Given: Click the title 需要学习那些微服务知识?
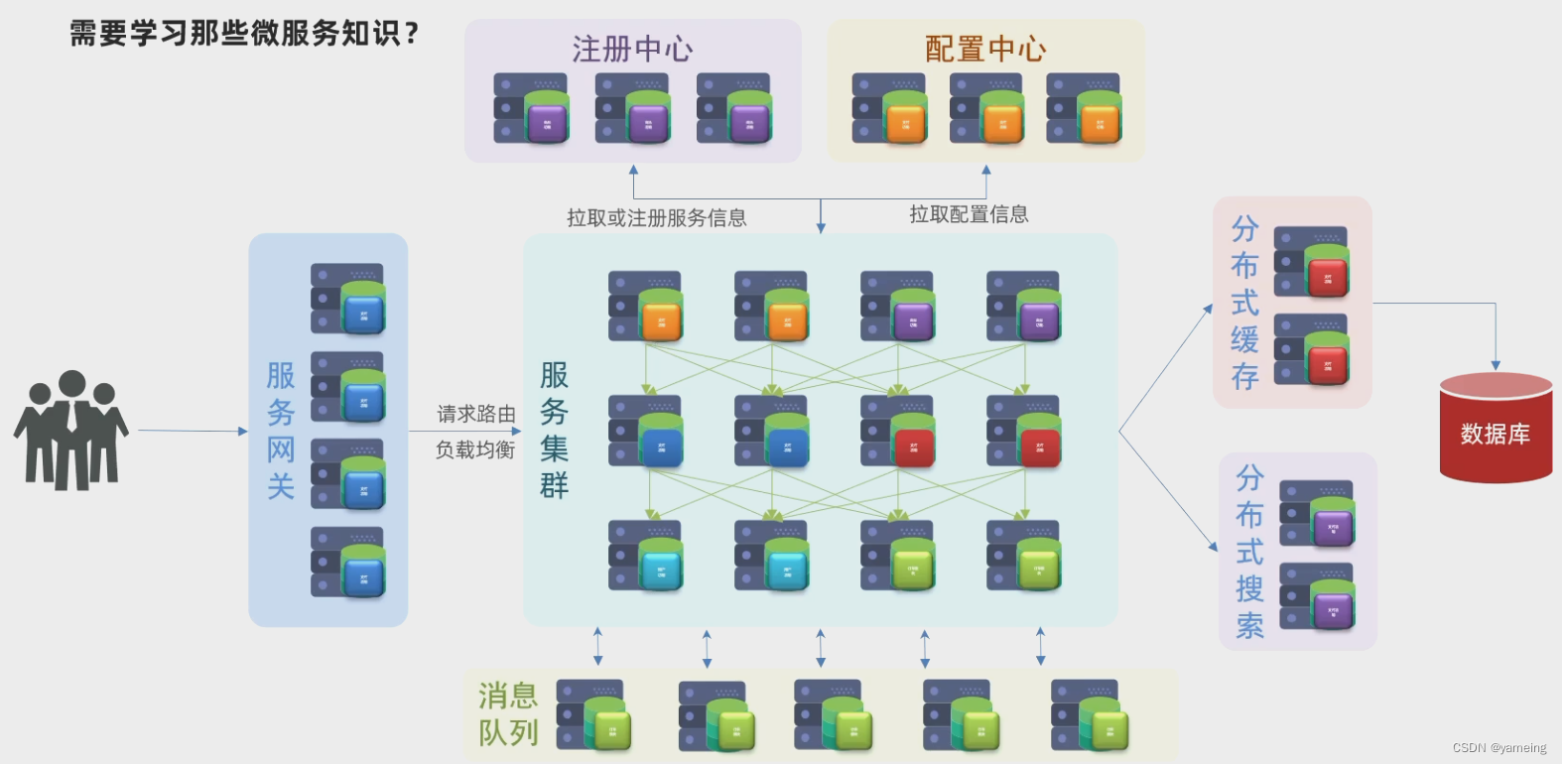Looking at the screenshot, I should tap(244, 34).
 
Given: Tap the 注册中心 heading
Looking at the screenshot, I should tap(632, 49).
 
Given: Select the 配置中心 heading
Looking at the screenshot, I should tap(985, 49).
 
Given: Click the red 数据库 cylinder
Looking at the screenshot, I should tap(1496, 429).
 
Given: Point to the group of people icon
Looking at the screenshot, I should tap(70, 431).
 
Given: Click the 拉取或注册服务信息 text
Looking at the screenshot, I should tap(656, 217).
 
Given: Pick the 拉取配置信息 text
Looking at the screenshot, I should tap(969, 214).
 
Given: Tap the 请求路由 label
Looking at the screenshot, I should tap(476, 414).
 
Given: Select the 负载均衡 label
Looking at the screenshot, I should tap(475, 449).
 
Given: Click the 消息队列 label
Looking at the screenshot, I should tap(508, 714).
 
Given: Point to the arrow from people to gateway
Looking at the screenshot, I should tap(193, 431).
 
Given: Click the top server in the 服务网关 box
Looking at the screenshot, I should tap(347, 299).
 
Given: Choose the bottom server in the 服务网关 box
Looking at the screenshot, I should tap(347, 563).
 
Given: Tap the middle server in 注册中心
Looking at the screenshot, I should tap(632, 108).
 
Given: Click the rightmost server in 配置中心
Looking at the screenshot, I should tap(1084, 108).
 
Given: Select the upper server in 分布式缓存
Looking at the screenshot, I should tap(1311, 262).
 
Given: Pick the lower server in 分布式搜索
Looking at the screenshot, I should tap(1317, 597).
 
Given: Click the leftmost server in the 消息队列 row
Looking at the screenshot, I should tap(593, 715).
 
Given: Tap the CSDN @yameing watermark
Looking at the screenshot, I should tap(1498, 748).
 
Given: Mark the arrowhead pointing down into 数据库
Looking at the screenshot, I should tap(1496, 366).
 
